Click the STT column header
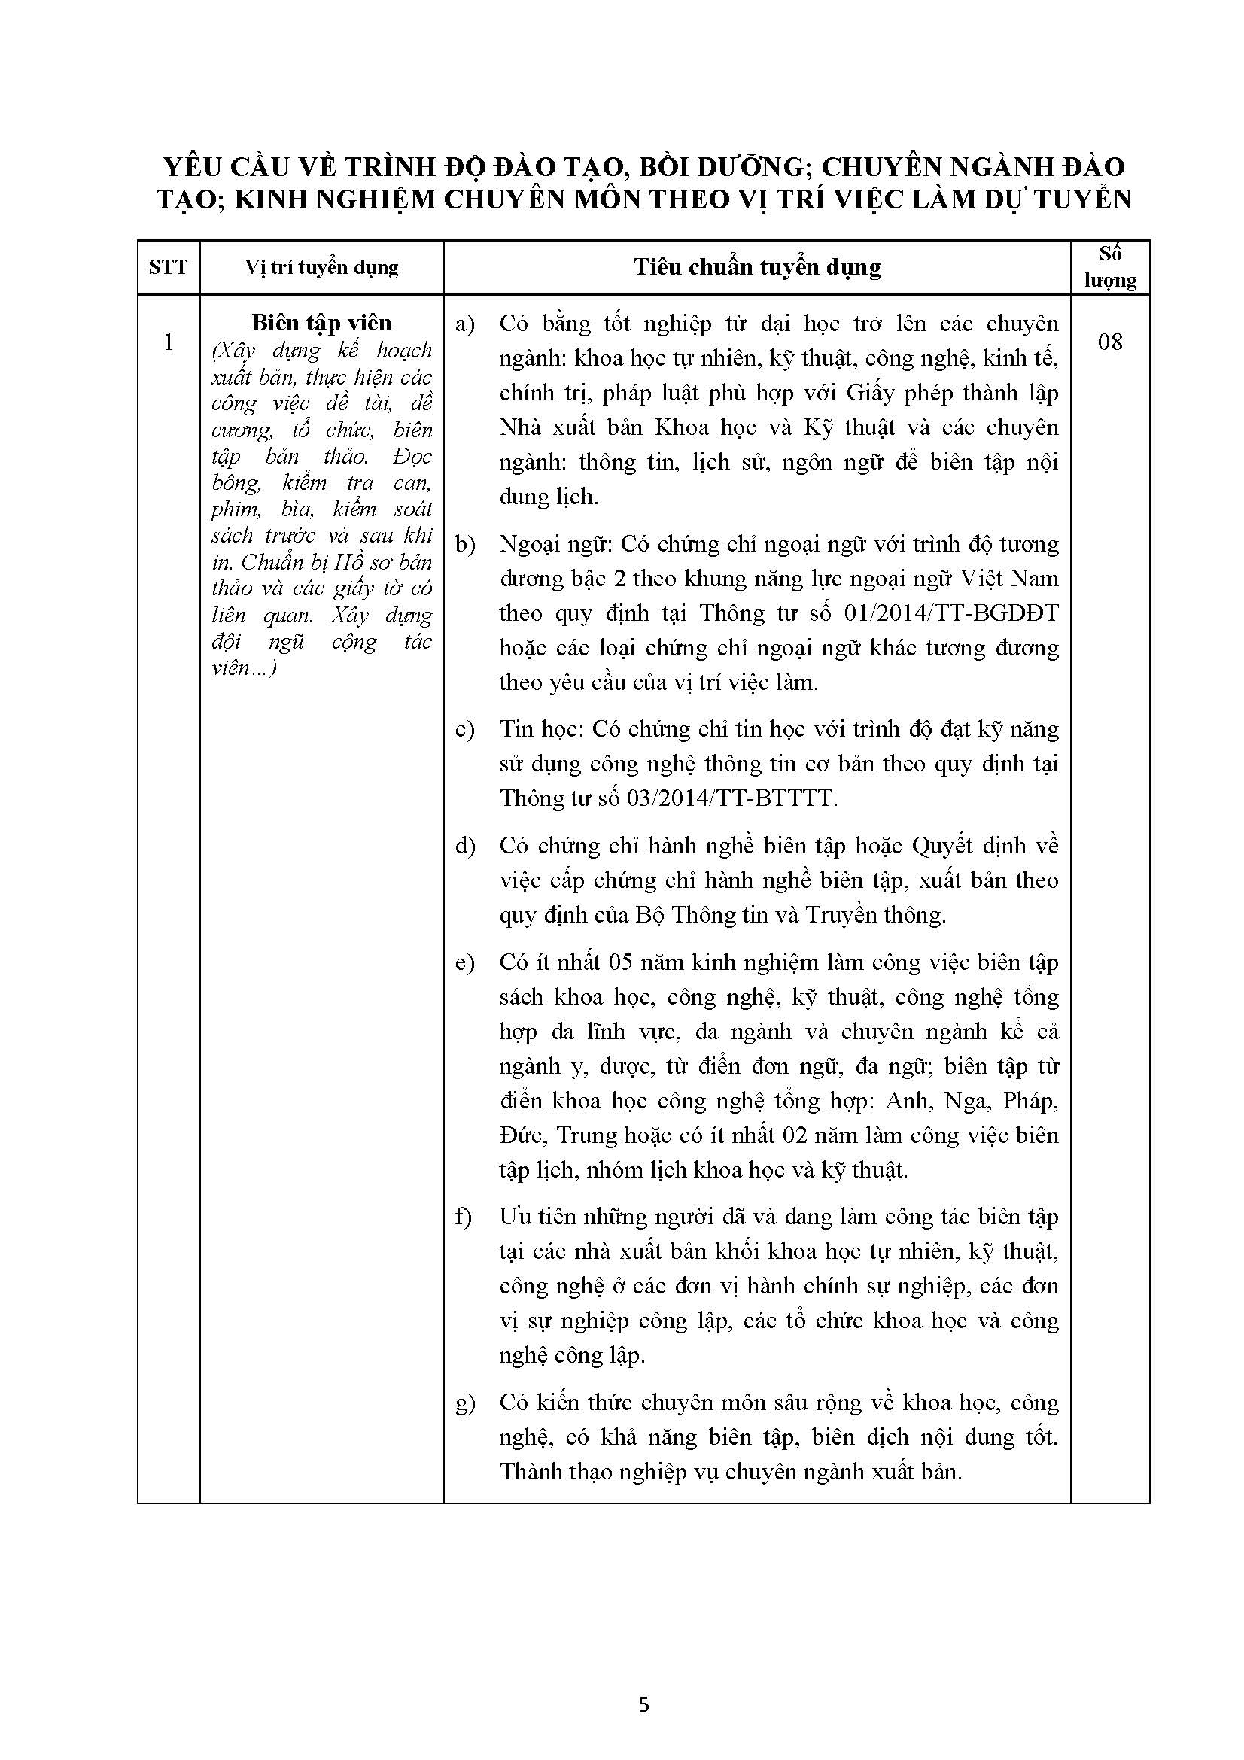point(168,267)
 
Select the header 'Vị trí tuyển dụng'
point(321,267)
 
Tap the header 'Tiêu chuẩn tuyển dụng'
point(756,267)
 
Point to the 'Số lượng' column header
point(1109,267)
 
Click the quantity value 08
point(1109,342)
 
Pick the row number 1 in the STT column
point(168,342)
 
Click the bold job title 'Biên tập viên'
point(321,323)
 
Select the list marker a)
point(465,324)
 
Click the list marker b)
point(465,545)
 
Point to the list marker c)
point(465,729)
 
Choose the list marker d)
point(465,846)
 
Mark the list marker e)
point(465,963)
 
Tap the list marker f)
point(464,1217)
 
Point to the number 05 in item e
point(621,963)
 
